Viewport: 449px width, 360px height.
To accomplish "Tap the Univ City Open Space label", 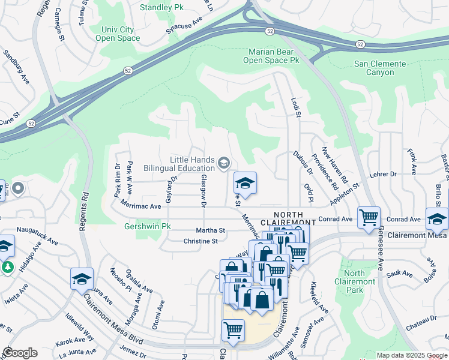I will (x=118, y=34).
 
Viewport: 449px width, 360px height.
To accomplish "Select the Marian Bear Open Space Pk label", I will (x=271, y=56).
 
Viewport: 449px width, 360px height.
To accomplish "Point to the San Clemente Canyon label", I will (x=382, y=68).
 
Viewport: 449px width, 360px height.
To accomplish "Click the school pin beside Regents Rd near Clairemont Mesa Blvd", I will (x=82, y=279).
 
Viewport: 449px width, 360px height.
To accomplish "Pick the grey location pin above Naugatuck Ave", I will (x=17, y=188).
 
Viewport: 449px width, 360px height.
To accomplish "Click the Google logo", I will (x=20, y=353).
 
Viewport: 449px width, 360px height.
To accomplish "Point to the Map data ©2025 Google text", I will (x=412, y=355).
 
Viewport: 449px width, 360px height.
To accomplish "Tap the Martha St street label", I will (x=210, y=230).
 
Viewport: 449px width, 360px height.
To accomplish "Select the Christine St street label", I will (x=200, y=241).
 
